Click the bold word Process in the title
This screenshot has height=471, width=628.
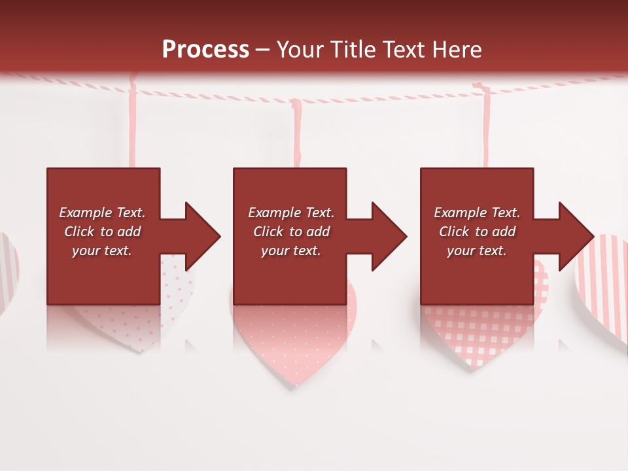pyautogui.click(x=205, y=49)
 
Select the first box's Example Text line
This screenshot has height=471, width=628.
pyautogui.click(x=102, y=213)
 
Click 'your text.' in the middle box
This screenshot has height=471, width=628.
pyautogui.click(x=290, y=251)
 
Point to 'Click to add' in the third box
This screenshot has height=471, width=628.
pyautogui.click(x=477, y=232)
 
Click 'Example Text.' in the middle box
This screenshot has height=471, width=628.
pyautogui.click(x=290, y=213)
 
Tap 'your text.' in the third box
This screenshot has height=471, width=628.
pyautogui.click(x=477, y=251)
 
